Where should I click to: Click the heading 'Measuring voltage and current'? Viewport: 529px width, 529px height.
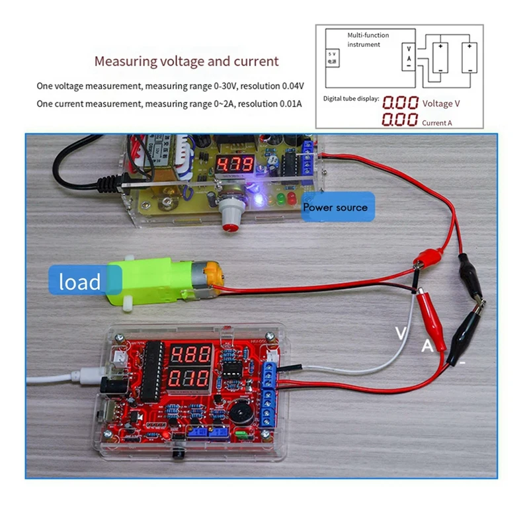(186, 61)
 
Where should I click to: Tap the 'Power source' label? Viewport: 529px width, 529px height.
(335, 208)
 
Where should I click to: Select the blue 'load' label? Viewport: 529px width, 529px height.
(81, 282)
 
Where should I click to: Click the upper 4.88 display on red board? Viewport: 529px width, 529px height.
(191, 354)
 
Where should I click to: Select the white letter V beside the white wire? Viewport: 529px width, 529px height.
(400, 333)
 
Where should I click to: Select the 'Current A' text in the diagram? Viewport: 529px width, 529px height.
(437, 122)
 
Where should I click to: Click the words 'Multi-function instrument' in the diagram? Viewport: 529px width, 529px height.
(368, 40)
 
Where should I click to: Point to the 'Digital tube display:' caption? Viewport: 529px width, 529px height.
(351, 99)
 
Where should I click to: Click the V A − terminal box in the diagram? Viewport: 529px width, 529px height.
(410, 58)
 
